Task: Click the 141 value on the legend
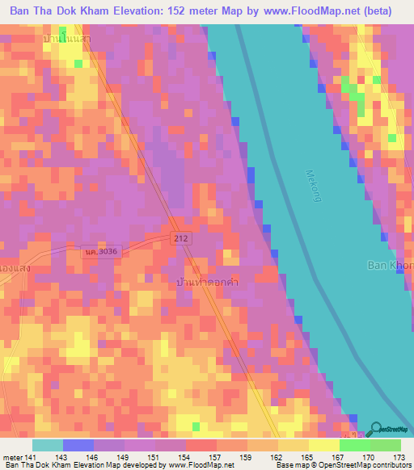click(31, 456)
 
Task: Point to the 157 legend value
click(215, 456)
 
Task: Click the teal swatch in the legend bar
click(48, 445)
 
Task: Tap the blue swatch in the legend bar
click(78, 445)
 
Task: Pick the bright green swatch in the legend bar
click(355, 445)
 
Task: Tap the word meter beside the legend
click(11, 456)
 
